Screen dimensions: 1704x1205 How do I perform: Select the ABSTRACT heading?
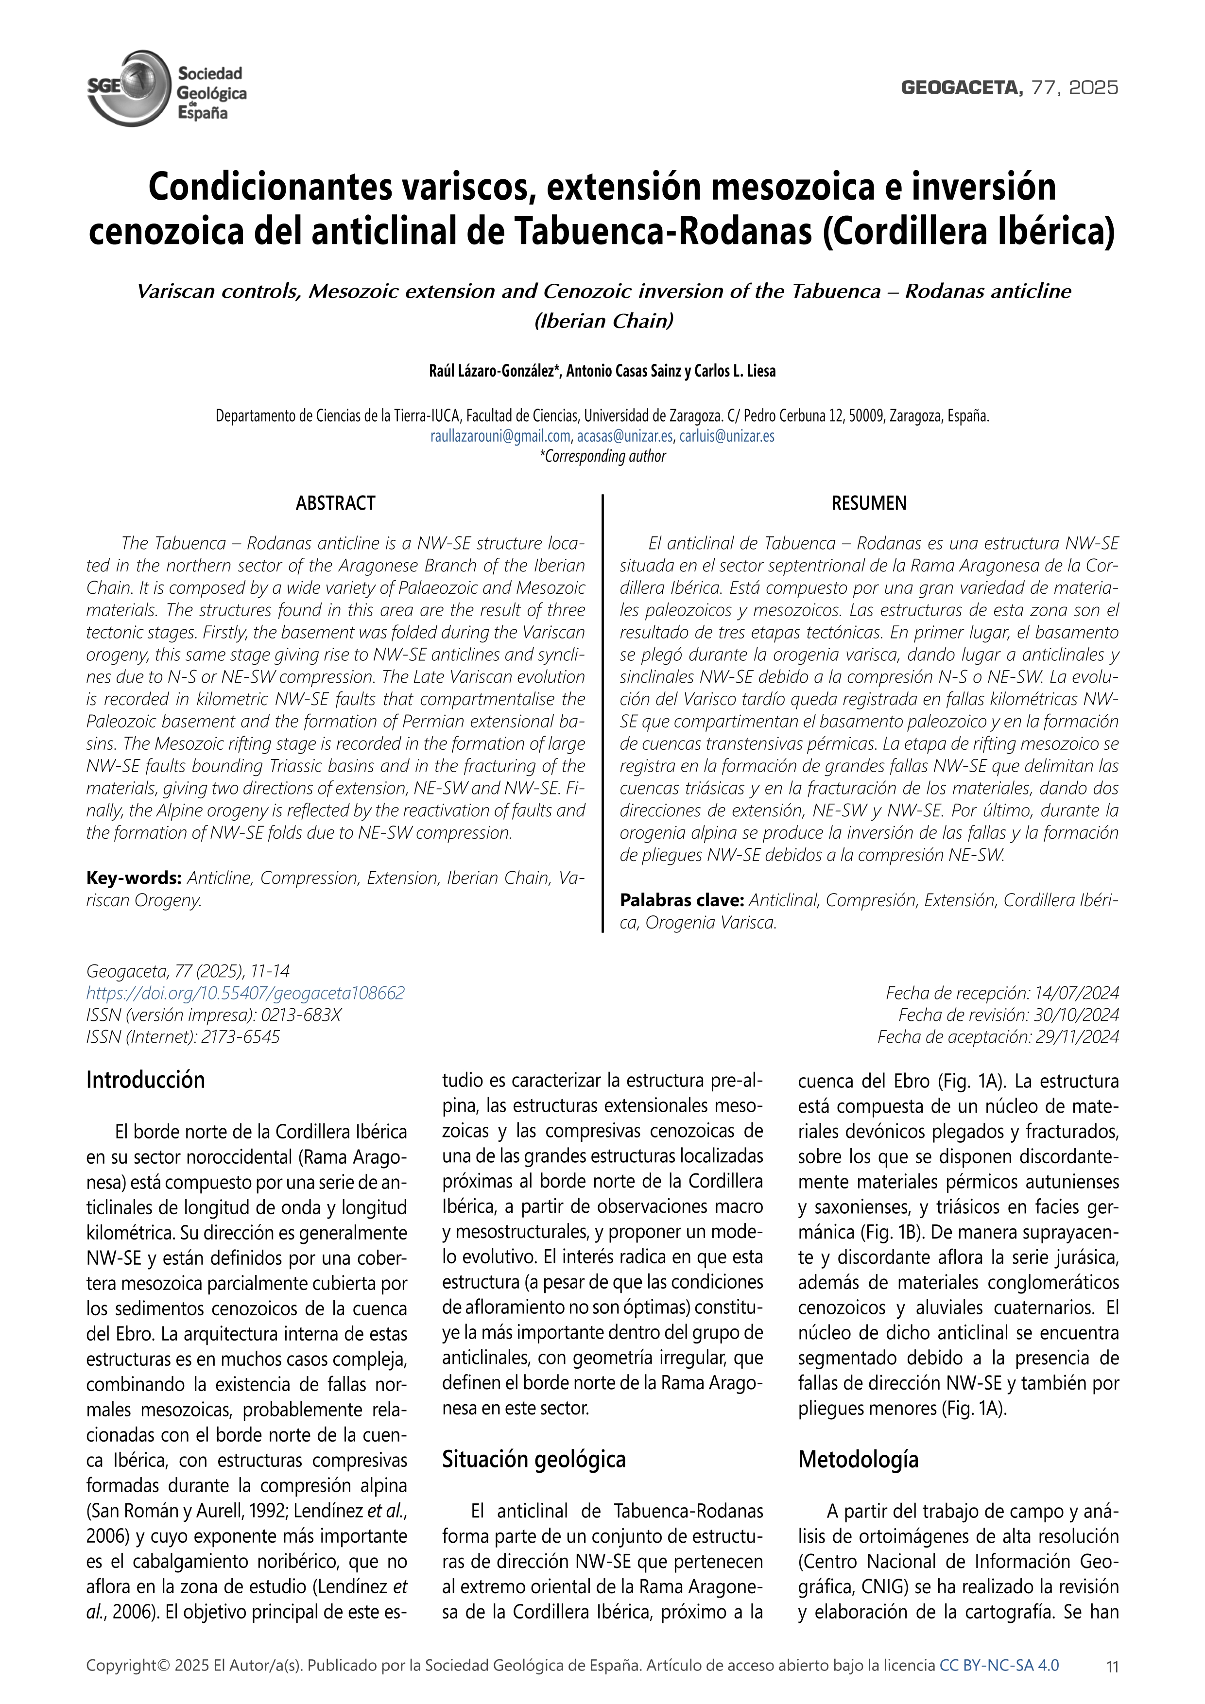[x=335, y=503]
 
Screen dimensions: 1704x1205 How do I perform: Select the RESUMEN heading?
[x=869, y=503]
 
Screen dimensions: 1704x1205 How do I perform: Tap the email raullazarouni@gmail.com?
[x=500, y=436]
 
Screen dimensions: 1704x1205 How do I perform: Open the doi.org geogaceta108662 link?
[x=245, y=993]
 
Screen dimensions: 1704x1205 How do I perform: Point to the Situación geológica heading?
[x=534, y=1460]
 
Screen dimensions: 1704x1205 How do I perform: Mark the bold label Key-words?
[x=134, y=878]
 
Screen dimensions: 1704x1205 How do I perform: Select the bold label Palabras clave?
[x=682, y=900]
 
